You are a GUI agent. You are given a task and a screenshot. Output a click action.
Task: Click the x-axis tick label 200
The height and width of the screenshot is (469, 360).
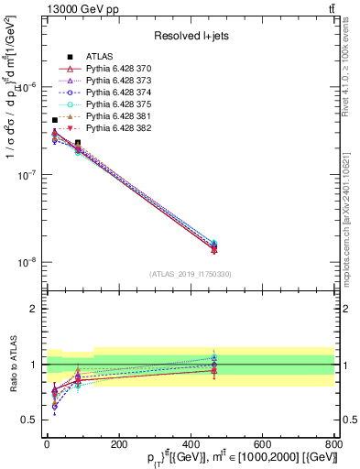click(118, 443)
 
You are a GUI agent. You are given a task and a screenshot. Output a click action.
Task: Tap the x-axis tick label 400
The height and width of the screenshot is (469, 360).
click(190, 443)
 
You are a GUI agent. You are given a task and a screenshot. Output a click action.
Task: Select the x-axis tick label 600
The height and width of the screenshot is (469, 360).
click(262, 443)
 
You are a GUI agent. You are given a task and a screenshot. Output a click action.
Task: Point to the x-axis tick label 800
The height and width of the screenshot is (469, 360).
click(333, 443)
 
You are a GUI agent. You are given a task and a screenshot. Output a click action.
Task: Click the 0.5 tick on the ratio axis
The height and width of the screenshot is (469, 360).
click(29, 420)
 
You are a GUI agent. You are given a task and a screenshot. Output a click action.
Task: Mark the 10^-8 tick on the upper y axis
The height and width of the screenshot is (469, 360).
click(26, 262)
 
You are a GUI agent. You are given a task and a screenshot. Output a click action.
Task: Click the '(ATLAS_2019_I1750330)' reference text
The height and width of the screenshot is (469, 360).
click(190, 274)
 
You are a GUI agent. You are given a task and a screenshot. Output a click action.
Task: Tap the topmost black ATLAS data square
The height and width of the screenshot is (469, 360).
click(55, 120)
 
